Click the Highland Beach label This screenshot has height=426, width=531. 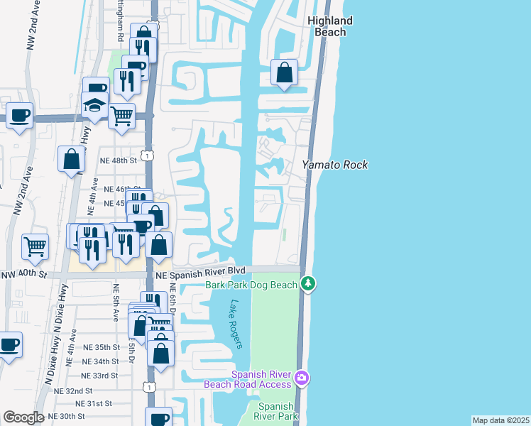331,26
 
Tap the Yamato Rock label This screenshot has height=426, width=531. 335,165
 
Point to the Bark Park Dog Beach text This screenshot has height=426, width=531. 251,285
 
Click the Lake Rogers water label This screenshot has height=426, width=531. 236,324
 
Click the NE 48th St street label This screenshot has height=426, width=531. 118,160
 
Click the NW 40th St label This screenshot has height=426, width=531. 23,274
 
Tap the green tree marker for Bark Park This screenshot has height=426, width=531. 308,284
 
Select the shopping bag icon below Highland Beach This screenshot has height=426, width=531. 284,72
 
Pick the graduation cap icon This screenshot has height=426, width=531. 94,106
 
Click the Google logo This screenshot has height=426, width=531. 23,417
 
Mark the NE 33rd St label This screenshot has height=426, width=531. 99,376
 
